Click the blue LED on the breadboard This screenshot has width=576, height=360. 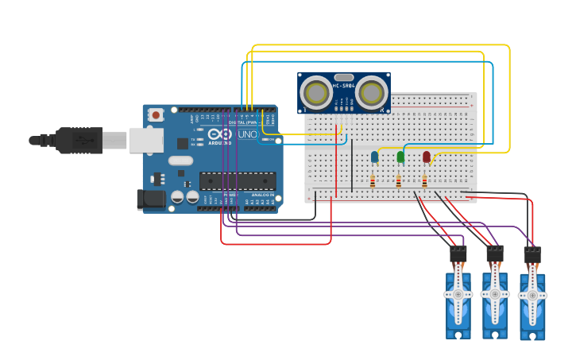pos(374,157)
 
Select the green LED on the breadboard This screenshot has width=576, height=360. pos(400,157)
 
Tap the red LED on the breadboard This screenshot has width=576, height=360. pos(427,157)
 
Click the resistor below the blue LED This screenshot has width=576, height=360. pos(373,182)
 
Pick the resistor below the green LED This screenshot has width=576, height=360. pos(398,182)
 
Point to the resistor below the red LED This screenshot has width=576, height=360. pos(424,182)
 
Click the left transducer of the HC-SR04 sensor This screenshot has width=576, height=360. pos(315,93)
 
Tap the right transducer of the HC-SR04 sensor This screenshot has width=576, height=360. pos(371,93)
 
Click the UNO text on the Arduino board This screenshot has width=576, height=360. pos(247,134)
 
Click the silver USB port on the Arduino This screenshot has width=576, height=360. pos(146,141)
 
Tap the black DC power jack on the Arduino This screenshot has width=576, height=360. pos(151,199)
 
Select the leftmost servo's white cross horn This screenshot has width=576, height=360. pos(458,294)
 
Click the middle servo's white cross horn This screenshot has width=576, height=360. pos(495,293)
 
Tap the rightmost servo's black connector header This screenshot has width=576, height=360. pos(532,255)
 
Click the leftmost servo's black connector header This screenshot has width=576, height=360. pos(458,254)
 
